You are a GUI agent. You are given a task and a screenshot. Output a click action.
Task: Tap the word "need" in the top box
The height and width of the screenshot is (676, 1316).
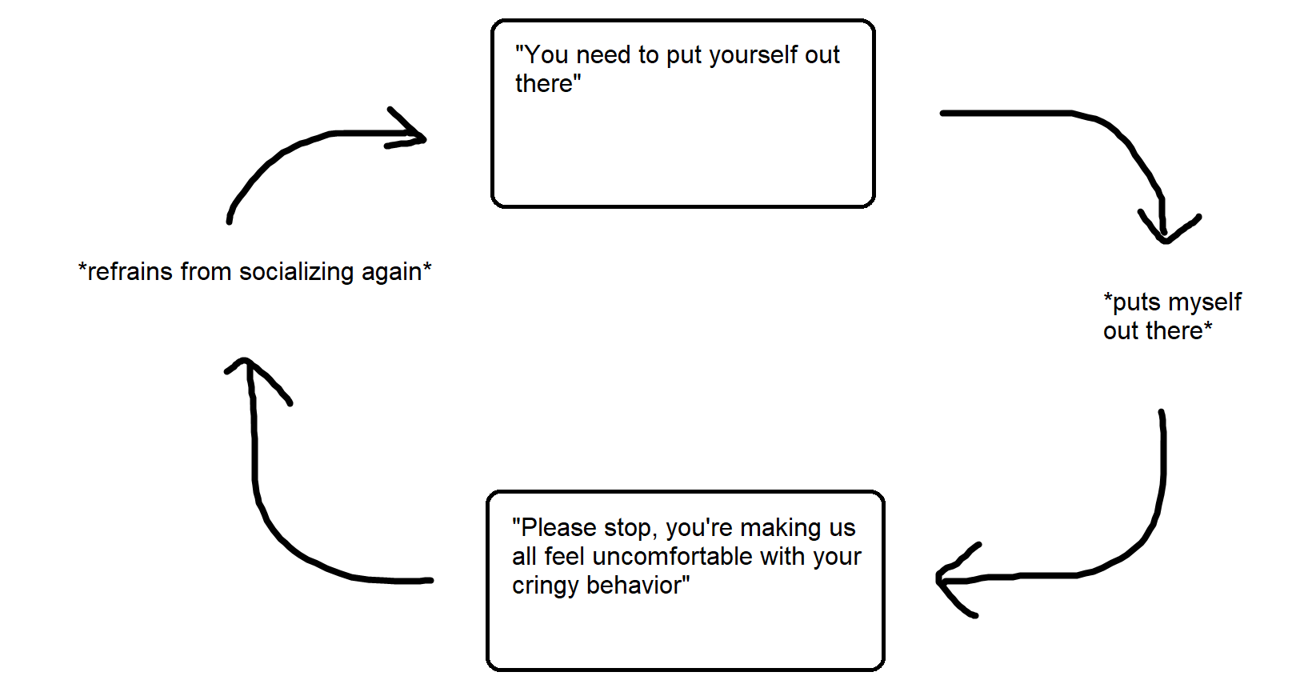click(603, 55)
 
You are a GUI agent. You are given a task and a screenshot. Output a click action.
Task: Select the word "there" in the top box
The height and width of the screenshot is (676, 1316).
click(544, 84)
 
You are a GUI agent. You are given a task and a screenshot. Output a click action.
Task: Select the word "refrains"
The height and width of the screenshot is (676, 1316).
click(130, 272)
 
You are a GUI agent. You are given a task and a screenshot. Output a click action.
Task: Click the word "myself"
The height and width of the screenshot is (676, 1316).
click(1204, 302)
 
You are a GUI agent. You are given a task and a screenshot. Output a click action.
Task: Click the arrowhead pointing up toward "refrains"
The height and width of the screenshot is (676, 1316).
click(250, 368)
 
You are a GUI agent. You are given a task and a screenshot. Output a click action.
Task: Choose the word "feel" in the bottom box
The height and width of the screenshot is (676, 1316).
click(565, 557)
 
